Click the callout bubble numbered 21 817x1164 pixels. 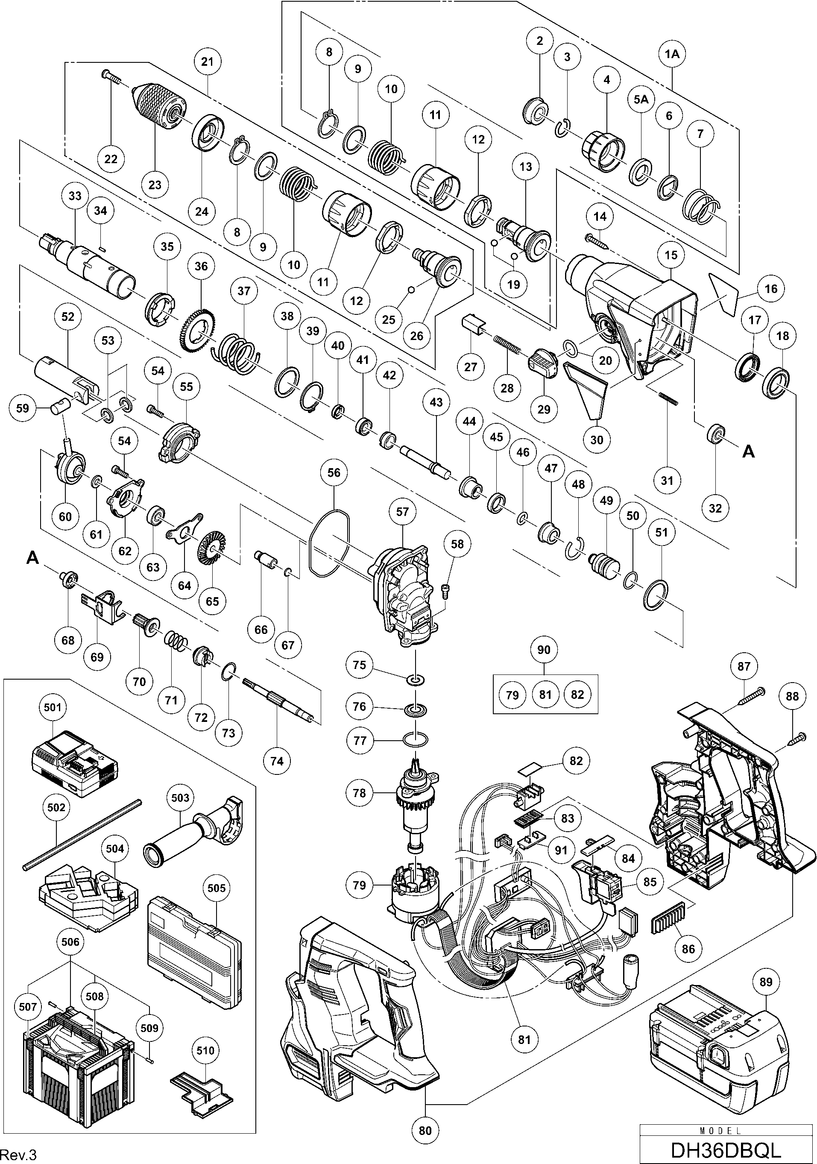coord(207,62)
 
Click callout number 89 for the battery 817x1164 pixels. coord(766,982)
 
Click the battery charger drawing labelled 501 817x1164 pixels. coord(74,765)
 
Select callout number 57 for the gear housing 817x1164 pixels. coord(402,512)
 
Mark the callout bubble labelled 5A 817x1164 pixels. coord(641,100)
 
